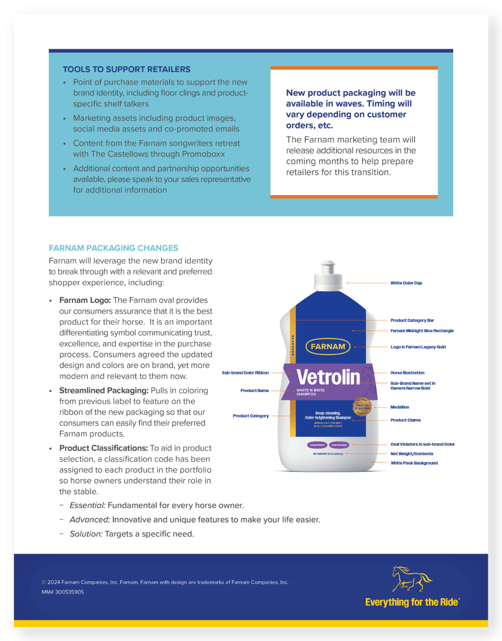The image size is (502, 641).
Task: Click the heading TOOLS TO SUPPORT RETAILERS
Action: (x=126, y=69)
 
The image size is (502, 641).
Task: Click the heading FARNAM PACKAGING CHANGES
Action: (x=113, y=248)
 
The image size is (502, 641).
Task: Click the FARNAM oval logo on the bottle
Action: (x=328, y=347)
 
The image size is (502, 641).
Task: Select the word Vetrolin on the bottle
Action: (x=328, y=377)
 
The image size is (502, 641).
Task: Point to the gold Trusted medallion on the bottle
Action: (x=362, y=406)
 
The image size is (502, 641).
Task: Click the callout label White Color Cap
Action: (x=406, y=283)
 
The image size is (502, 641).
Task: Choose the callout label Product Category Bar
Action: (x=412, y=320)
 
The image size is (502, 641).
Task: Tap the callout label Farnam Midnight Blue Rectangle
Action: (x=422, y=331)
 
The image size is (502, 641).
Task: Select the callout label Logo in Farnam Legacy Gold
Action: (x=418, y=347)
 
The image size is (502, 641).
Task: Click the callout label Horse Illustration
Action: (x=407, y=373)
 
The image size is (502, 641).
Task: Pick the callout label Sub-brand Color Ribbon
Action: (x=245, y=373)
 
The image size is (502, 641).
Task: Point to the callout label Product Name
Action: (x=254, y=391)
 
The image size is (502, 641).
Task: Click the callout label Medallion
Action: (x=399, y=407)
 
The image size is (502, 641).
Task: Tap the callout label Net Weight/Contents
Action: (x=411, y=454)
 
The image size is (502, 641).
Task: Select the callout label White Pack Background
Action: (x=414, y=463)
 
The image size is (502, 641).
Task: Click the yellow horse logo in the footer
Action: (x=411, y=578)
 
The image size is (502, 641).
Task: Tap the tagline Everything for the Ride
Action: (x=412, y=602)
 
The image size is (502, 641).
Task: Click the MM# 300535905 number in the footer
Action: (x=63, y=592)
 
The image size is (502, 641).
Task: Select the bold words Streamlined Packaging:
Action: (x=104, y=391)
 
